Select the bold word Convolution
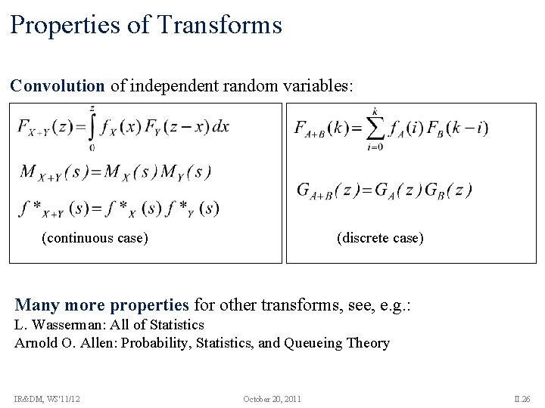coord(58,85)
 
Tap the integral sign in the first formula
coord(92,126)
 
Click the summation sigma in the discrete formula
coord(373,128)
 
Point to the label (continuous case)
coord(95,238)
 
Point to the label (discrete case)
coord(380,238)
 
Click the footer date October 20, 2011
coord(272,398)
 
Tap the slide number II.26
coord(523,398)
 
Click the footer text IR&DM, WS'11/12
coord(46,398)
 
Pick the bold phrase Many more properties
coord(101,305)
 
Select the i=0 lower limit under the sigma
coord(373,147)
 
